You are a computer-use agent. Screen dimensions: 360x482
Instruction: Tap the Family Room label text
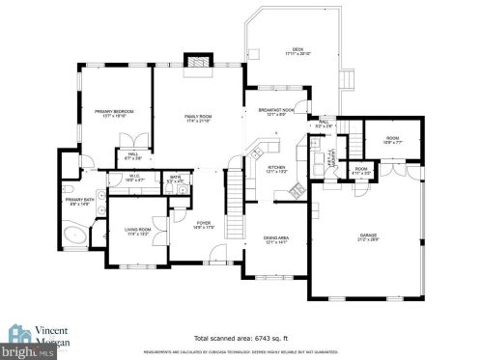point(198,120)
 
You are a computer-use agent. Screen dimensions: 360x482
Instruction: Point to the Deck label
point(298,52)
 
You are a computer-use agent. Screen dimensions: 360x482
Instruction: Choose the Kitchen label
point(276,170)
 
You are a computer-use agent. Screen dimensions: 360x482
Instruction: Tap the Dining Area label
point(277,241)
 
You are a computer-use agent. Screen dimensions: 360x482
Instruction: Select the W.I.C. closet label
point(133,179)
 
